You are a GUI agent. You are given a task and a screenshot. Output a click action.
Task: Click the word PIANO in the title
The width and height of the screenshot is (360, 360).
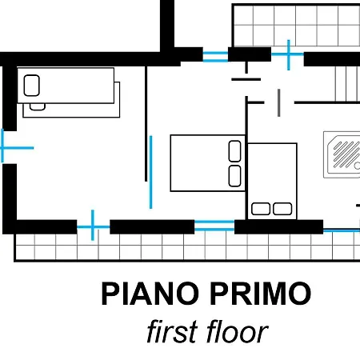150,294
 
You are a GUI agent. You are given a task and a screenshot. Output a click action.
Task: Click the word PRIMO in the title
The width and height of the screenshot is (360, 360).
261,294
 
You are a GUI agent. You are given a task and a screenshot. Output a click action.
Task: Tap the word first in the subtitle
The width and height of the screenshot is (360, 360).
172,331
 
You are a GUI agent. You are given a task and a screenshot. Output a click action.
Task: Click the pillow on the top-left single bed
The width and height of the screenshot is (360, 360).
32,86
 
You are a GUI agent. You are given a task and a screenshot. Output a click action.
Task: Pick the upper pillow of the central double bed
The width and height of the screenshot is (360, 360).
234,151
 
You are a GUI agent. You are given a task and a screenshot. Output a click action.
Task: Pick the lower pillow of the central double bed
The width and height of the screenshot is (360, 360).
234,176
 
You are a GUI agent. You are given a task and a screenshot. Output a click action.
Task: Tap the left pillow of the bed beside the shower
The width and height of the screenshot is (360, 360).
261,209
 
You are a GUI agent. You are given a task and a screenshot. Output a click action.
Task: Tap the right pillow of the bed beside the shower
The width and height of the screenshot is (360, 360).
282,209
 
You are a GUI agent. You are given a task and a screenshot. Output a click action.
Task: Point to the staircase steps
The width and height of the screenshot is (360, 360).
347,84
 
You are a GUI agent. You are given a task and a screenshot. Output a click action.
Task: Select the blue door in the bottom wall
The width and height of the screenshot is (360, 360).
93,226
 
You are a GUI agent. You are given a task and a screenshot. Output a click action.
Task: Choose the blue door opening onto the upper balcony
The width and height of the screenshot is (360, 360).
288,54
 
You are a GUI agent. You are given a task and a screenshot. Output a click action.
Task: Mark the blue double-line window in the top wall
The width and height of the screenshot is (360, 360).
215,56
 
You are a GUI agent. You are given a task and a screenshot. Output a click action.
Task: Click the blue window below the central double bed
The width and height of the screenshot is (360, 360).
214,226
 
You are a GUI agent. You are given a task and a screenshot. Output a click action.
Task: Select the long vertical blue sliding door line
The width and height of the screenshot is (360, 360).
151,172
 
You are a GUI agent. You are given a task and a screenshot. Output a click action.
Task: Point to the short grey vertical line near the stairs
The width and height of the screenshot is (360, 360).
278,102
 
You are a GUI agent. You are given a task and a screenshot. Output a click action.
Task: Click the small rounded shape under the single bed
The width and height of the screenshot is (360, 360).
38,107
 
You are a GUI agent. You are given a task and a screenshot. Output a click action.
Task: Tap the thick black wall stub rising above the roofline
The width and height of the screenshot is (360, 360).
167,26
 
